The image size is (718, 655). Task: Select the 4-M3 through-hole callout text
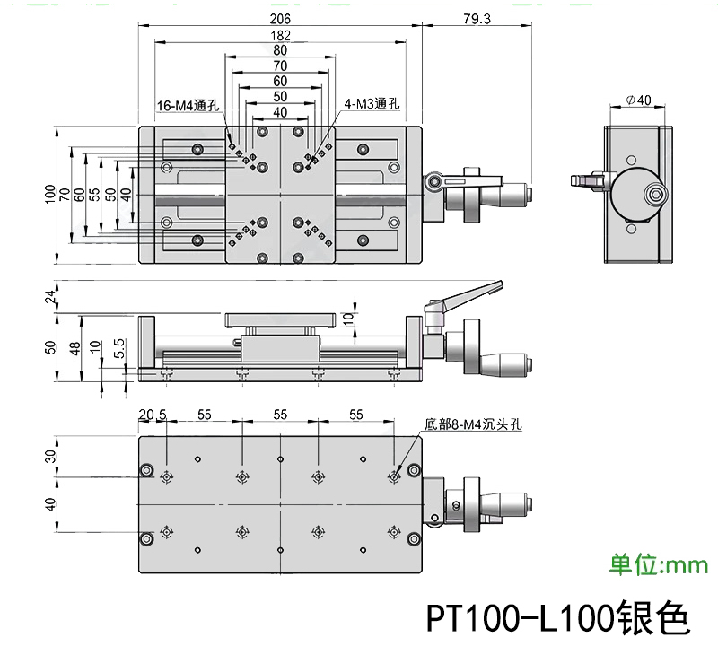click(373, 104)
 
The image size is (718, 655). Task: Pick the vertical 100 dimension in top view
click(50, 195)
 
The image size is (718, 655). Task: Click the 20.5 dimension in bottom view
click(153, 414)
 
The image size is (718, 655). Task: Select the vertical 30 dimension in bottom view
click(50, 455)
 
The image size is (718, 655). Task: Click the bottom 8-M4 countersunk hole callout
click(474, 426)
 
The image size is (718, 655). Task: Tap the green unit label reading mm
click(660, 564)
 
